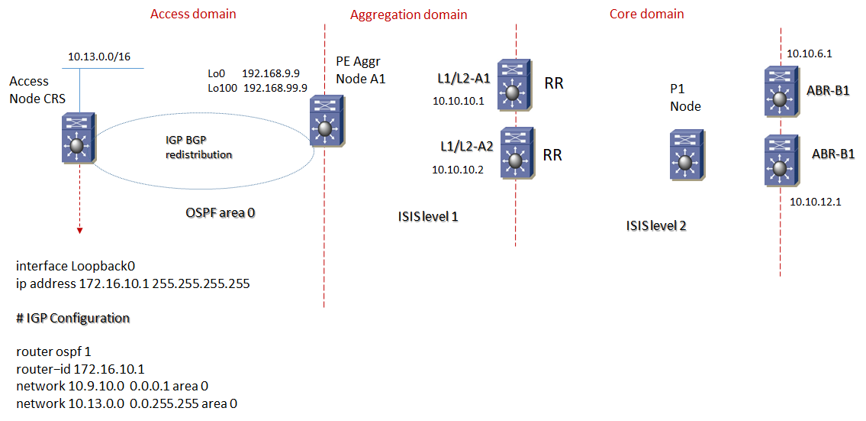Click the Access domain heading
(x=193, y=14)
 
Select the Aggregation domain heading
(x=408, y=15)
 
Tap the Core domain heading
(x=646, y=14)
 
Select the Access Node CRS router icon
(x=78, y=138)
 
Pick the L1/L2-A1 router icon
(x=513, y=82)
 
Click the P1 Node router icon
(x=686, y=156)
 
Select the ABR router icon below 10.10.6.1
(x=780, y=92)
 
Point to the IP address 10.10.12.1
(x=815, y=202)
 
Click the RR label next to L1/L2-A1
(x=553, y=83)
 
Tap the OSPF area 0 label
(x=221, y=212)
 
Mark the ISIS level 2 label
(x=656, y=225)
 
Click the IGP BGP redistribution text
(x=198, y=147)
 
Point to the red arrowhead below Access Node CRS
(x=79, y=230)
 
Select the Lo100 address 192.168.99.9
(x=275, y=88)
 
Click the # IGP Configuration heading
(x=72, y=318)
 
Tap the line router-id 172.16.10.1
(x=80, y=369)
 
